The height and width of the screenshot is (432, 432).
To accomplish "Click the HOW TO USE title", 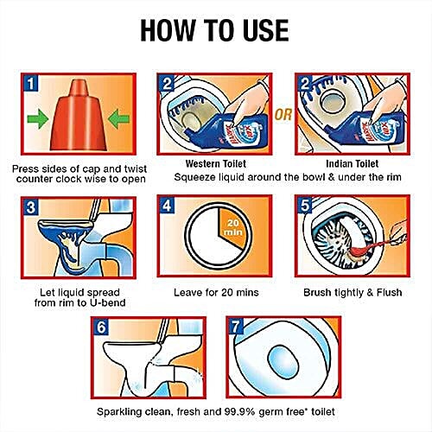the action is [x=214, y=30].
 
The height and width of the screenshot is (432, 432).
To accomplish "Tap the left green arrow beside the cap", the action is [x=38, y=118].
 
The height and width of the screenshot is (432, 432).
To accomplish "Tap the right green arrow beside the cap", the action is [x=118, y=118].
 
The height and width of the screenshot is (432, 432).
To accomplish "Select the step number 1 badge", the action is [x=31, y=84].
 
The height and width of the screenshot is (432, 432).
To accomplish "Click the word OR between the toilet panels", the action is [x=283, y=115].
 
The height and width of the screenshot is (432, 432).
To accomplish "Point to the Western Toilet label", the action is [x=216, y=164].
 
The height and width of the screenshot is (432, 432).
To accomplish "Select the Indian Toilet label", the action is [x=352, y=164].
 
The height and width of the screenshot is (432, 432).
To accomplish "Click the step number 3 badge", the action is [x=31, y=207].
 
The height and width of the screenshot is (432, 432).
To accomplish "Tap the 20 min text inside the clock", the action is [x=232, y=227].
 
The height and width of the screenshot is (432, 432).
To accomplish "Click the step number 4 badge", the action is [x=167, y=206].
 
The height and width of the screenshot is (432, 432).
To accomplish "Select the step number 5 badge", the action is [x=305, y=206].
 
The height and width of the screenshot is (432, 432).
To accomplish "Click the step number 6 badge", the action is [x=101, y=327].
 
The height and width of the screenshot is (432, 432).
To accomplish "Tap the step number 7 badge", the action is [x=236, y=327].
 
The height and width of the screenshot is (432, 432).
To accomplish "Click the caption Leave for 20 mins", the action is [x=216, y=293].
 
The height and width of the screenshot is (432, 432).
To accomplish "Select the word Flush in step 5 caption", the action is [x=389, y=292].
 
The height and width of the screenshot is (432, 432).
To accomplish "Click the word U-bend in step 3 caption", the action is [x=107, y=302].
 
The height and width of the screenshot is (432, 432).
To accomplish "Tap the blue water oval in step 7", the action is [x=283, y=362].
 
